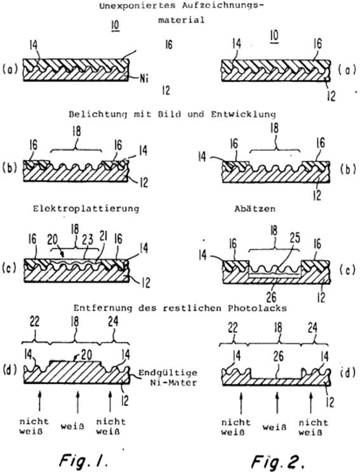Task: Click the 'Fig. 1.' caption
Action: [83, 459]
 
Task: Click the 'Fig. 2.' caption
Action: [276, 461]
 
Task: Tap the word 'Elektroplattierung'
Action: [86, 209]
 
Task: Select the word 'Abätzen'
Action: [255, 209]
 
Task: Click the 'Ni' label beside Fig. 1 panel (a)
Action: [144, 79]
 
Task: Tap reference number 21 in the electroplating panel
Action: [103, 238]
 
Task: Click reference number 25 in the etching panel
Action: [295, 238]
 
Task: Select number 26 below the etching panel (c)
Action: [271, 298]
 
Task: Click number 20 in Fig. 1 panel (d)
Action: [86, 355]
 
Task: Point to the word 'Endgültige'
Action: [168, 373]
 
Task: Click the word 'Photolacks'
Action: [257, 308]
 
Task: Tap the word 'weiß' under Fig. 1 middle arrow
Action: [72, 426]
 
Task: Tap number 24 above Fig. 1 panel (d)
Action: [113, 322]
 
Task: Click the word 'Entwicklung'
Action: [243, 114]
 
